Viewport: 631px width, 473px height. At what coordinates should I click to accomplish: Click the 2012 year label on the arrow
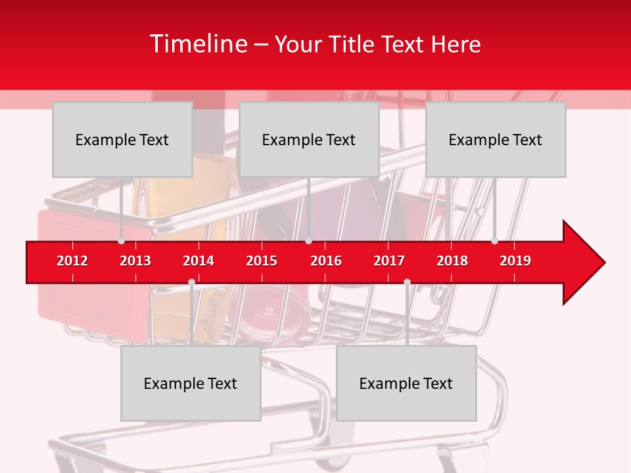[x=72, y=261]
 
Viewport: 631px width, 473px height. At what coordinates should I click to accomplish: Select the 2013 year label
[x=135, y=261]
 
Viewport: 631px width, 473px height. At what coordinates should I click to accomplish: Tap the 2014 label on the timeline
[x=199, y=261]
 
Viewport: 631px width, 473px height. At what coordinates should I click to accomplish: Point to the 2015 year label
[x=262, y=261]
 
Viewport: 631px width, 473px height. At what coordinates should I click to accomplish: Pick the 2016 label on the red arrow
[x=326, y=261]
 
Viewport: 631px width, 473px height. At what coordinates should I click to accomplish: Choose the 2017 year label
[x=389, y=261]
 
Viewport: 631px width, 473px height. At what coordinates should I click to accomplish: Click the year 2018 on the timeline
[x=452, y=261]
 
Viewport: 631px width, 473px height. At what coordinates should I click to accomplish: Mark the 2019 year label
[x=515, y=261]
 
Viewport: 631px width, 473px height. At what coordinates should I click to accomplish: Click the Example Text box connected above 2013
[x=122, y=139]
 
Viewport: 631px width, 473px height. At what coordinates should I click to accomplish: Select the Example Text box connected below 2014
[x=191, y=383]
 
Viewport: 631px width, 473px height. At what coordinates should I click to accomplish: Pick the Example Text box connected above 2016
[x=309, y=139]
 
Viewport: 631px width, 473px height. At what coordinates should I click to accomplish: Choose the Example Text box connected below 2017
[x=406, y=383]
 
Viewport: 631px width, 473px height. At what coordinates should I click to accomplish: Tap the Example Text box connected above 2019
[x=496, y=139]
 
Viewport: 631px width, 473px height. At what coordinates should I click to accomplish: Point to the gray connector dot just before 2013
[x=122, y=241]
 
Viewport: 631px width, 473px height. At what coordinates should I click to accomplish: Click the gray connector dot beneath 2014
[x=191, y=282]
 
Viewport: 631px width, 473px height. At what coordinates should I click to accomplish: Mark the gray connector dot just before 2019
[x=495, y=241]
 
